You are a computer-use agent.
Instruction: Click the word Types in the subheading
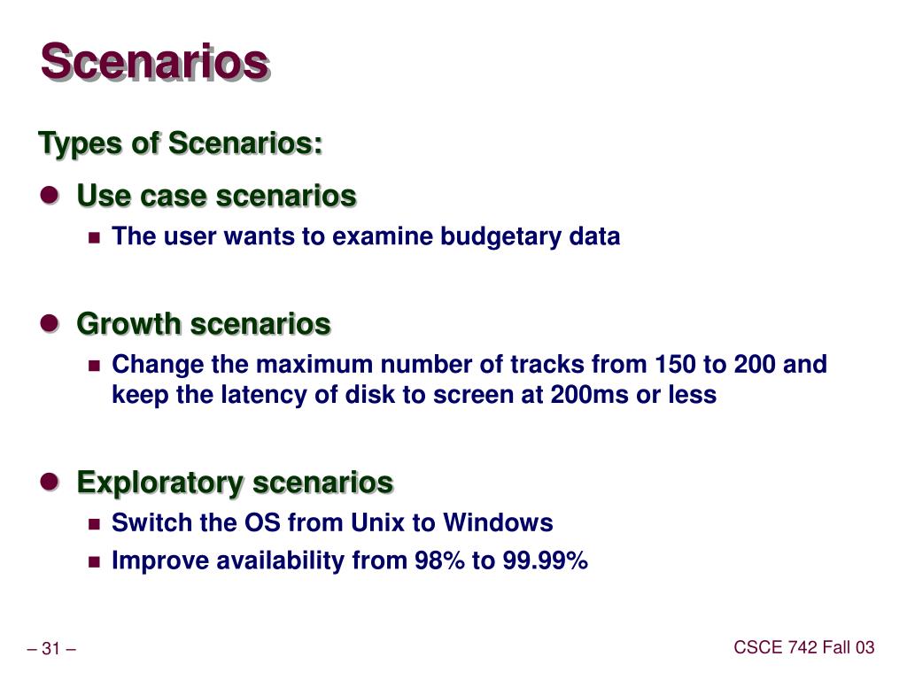79,143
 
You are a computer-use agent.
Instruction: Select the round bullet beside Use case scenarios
50,194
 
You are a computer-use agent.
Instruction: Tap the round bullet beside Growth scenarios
50,322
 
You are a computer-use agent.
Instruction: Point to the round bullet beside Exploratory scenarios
50,481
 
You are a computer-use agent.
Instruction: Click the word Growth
129,323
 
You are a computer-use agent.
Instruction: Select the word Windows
498,522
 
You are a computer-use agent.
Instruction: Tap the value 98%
439,560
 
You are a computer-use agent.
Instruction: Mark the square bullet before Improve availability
94,562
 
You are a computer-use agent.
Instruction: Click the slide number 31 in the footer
50,649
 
